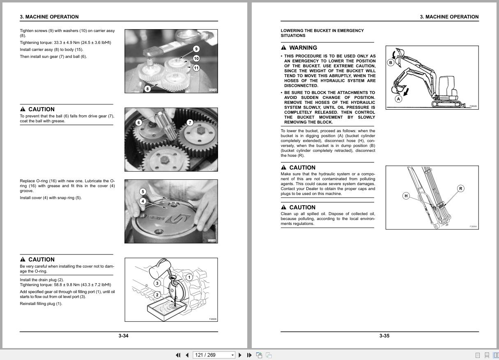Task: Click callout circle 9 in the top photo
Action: click(196, 49)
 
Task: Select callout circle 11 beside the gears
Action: click(196, 68)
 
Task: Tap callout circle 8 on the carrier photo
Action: click(147, 88)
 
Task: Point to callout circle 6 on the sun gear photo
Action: click(139, 122)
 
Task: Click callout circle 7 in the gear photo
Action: click(190, 122)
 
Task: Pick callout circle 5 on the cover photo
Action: click(143, 192)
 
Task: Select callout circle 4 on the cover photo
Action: click(143, 201)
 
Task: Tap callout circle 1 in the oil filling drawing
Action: click(189, 277)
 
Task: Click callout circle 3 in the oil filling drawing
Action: click(157, 283)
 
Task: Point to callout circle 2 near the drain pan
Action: click(157, 295)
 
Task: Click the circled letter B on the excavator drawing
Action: click(391, 63)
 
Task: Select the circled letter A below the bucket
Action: click(398, 99)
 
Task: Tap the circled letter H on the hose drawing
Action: click(406, 196)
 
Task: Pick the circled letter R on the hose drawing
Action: click(461, 188)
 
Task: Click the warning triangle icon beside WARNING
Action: click(284, 48)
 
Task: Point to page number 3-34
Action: click(123, 336)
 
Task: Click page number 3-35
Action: click(384, 336)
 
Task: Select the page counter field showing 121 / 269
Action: click(212, 355)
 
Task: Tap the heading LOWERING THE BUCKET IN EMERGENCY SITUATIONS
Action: click(322, 33)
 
